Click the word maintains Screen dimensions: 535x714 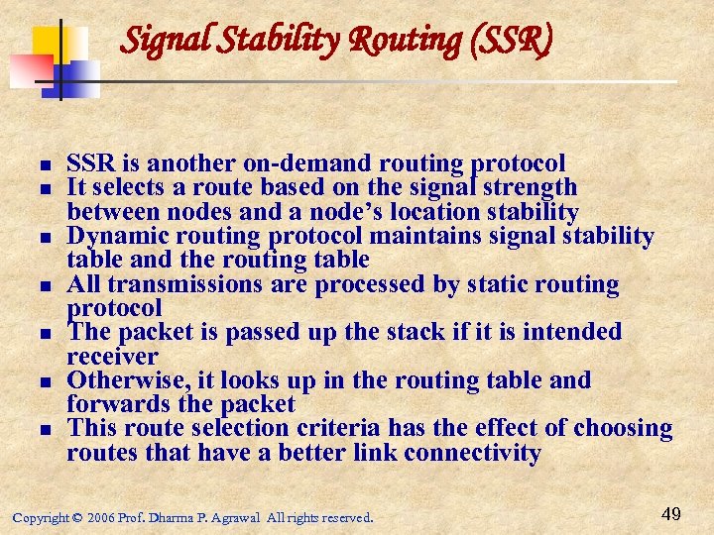pos(422,236)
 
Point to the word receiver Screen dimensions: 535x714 pos(112,356)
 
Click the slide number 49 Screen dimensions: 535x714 pos(669,513)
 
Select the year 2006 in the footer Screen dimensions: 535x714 pos(101,517)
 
